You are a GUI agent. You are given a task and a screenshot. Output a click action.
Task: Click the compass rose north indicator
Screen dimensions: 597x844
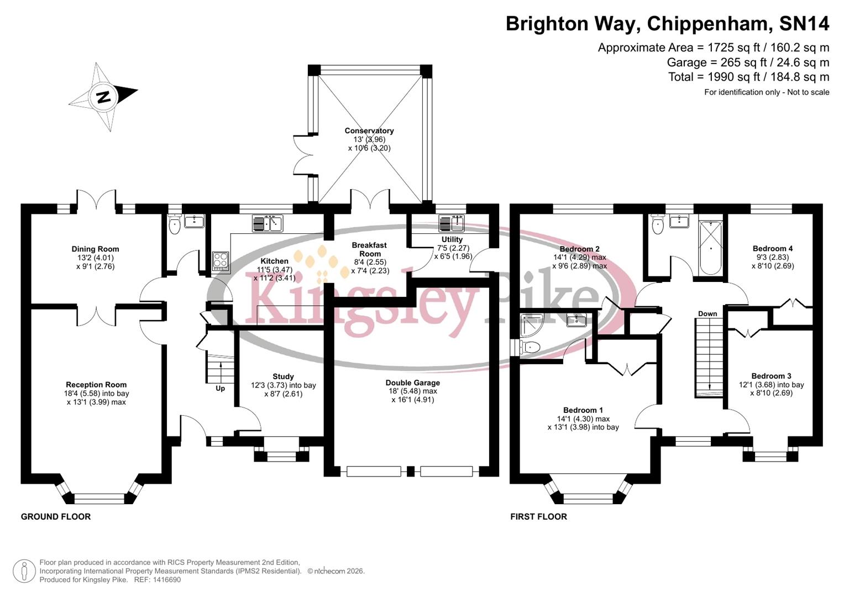[103, 97]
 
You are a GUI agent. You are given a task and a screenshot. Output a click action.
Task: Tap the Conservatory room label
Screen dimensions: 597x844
[369, 131]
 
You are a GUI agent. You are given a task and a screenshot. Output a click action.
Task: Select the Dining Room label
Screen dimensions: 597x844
[95, 249]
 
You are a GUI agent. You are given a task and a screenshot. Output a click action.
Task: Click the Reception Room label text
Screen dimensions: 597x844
[96, 385]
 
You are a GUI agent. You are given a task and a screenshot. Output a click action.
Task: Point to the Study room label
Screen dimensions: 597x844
[283, 376]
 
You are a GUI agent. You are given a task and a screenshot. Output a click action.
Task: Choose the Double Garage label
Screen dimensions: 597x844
[413, 383]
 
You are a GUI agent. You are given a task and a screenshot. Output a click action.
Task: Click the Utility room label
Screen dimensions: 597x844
[452, 239]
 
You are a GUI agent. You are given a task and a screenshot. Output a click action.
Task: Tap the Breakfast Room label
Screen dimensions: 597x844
[369, 249]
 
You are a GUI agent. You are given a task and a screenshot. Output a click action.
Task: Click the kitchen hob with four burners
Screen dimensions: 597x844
[221, 260]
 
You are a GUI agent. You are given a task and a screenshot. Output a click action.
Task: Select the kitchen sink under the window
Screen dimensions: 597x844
[268, 223]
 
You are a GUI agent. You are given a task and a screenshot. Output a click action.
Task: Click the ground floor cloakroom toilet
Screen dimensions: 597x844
[175, 225]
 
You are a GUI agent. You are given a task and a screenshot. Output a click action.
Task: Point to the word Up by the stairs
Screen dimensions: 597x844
[220, 389]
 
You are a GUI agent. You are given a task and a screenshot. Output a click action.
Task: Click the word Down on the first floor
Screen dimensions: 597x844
[707, 313]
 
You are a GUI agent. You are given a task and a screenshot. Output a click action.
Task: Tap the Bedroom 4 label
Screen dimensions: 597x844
[772, 249]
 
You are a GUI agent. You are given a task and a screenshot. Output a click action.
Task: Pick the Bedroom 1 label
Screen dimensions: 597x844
[583, 410]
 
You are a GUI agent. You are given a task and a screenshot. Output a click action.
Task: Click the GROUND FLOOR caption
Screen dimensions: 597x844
[56, 517]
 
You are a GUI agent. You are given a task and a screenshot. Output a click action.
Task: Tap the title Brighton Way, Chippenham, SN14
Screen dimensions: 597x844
[667, 24]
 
